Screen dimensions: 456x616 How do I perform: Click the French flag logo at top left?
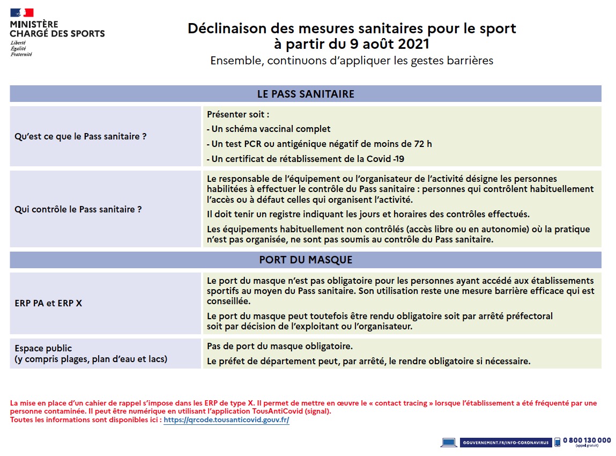click(x=21, y=13)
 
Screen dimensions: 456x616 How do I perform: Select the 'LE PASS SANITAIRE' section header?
click(x=306, y=94)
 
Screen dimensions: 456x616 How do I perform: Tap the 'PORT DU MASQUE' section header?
click(x=306, y=260)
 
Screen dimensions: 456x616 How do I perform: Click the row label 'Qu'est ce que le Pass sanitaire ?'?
click(x=80, y=136)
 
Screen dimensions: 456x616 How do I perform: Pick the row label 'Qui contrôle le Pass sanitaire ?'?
click(x=78, y=209)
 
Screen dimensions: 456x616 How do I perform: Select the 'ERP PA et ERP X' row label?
click(x=48, y=303)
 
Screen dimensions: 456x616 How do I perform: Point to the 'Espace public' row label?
click(x=43, y=348)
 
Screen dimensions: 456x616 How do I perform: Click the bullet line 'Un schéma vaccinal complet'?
click(x=269, y=129)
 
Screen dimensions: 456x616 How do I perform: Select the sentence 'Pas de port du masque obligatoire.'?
click(x=280, y=346)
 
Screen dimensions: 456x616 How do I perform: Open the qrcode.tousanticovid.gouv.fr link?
click(x=226, y=420)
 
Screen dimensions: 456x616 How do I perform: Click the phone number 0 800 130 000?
click(x=587, y=440)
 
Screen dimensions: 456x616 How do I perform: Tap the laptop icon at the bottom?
click(x=448, y=443)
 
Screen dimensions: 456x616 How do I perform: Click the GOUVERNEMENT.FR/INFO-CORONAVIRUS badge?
click(x=505, y=443)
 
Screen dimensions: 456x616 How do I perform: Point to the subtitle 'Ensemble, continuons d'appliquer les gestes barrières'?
click(x=352, y=61)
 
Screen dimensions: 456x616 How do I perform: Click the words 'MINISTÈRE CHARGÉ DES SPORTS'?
click(x=57, y=29)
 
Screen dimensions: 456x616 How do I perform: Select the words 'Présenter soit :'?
click(x=238, y=114)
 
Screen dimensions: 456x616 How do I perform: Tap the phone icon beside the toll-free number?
click(x=557, y=442)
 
